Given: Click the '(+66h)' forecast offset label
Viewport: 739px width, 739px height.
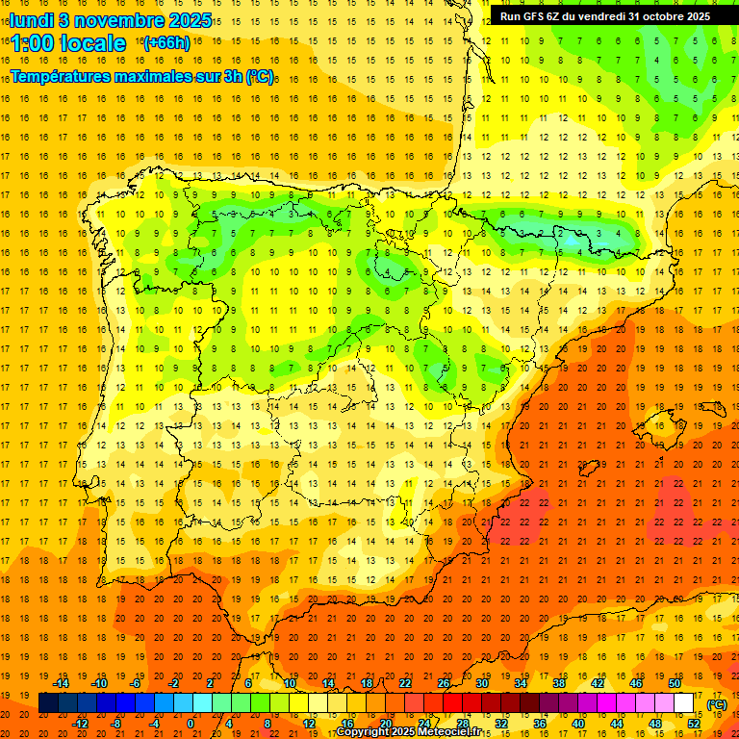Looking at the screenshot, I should click(166, 43).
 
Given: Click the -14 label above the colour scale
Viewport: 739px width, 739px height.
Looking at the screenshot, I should click(61, 684).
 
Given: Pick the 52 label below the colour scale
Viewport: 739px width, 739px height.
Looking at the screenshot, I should click(694, 724).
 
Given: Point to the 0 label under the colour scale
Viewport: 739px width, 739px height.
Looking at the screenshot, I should click(191, 724).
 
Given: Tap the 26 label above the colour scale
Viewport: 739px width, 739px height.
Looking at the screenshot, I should click(444, 684).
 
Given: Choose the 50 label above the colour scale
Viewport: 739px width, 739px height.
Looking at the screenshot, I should click(675, 684).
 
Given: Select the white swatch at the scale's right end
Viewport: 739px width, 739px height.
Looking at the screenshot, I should click(684, 703).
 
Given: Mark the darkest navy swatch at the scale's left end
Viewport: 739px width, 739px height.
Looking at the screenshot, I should click(48, 703).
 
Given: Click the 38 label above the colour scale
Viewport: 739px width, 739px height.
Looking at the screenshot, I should click(559, 684).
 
